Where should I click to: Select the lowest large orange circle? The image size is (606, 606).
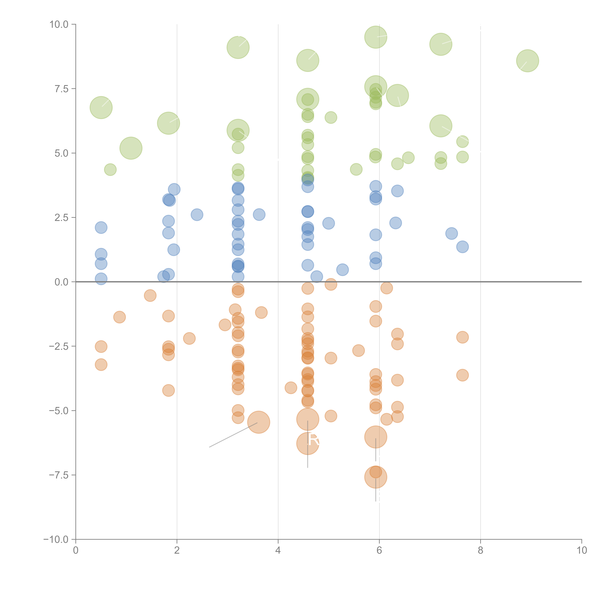pyautogui.click(x=375, y=477)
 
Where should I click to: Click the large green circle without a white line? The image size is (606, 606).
pyautogui.click(x=131, y=148)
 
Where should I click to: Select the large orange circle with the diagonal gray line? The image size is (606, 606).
pyautogui.click(x=259, y=422)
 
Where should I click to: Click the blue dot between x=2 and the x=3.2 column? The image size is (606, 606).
pyautogui.click(x=197, y=215)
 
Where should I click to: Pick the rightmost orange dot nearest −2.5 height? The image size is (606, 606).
pyautogui.click(x=462, y=337)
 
